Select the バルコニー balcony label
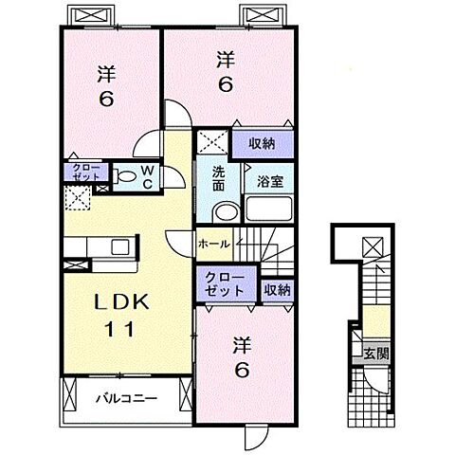[124, 399]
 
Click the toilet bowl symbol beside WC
[126, 175]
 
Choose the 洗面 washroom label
[218, 180]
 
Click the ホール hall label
[213, 244]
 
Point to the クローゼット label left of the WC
[81, 173]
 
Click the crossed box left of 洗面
[211, 143]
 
